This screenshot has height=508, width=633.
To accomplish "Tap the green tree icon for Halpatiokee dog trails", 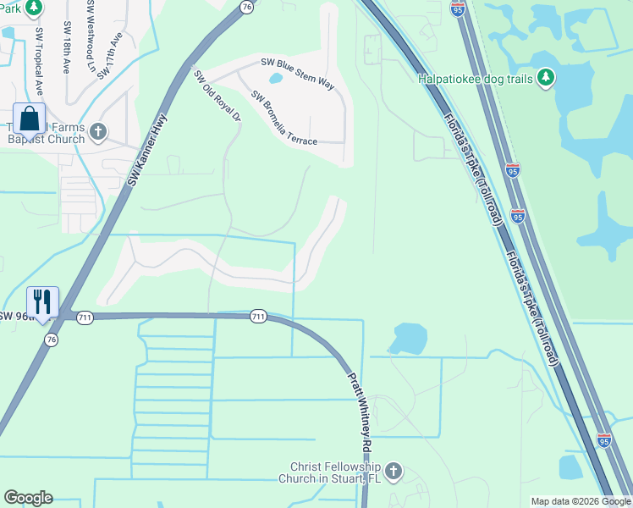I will tap(546, 78).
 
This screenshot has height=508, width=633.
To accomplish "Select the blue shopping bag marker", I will tap(28, 119).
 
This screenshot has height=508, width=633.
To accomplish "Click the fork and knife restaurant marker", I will tap(41, 302).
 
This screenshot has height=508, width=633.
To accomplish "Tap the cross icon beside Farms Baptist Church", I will tap(98, 131).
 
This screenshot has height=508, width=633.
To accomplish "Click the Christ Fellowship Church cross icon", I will tap(393, 471).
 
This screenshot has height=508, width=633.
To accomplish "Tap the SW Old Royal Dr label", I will tap(217, 96).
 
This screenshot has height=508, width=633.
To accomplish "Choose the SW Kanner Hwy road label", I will tap(146, 152).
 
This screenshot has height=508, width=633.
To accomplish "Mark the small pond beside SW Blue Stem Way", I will tap(276, 80).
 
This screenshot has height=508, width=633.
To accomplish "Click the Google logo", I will tap(28, 498).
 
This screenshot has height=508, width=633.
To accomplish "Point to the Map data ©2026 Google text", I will tap(581, 501).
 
